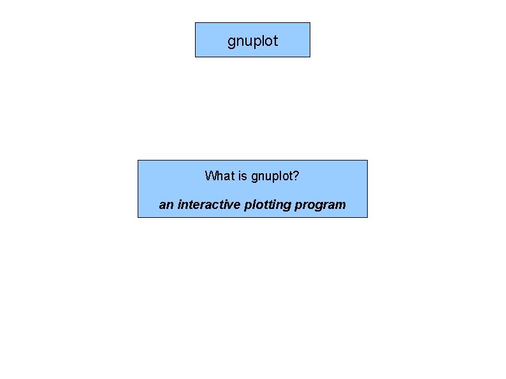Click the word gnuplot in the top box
pyautogui.click(x=252, y=42)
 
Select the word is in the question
pyautogui.click(x=242, y=175)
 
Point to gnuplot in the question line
pyautogui.click(x=272, y=176)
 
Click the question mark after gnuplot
pyautogui.click(x=296, y=175)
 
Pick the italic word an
pyautogui.click(x=166, y=205)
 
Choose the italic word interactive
pyautogui.click(x=208, y=204)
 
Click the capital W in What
pyautogui.click(x=210, y=175)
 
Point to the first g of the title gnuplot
pyautogui.click(x=231, y=43)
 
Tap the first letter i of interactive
pyautogui.click(x=179, y=204)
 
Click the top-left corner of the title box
pyautogui.click(x=195, y=23)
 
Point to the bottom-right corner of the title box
pyautogui.click(x=310, y=57)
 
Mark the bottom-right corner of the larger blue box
pyautogui.click(x=367, y=217)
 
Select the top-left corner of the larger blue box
pyautogui.click(x=138, y=161)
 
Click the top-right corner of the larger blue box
pyautogui.click(x=367, y=161)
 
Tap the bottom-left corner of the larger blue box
pyautogui.click(x=138, y=217)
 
